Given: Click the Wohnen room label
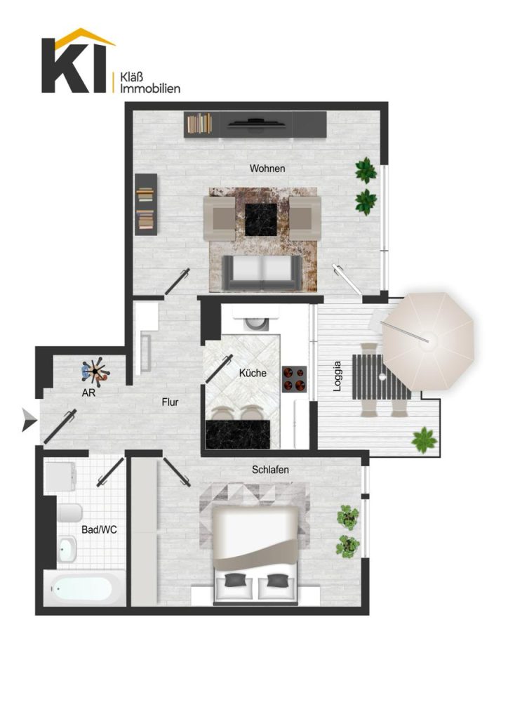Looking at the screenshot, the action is (267, 169).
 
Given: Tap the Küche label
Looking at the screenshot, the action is (253, 373).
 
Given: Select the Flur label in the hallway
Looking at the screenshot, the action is (170, 402).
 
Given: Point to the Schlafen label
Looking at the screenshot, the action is (270, 470).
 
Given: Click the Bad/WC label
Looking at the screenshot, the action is (99, 529).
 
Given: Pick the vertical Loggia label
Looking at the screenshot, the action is (337, 376).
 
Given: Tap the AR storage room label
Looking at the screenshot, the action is (88, 393).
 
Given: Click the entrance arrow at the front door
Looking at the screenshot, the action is (29, 421).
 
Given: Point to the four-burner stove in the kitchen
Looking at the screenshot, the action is (294, 379).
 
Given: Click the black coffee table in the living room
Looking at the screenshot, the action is (260, 220).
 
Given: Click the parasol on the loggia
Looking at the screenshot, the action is (428, 341).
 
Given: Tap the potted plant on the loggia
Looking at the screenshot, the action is (424, 440).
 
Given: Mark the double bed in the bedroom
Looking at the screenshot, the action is (256, 555).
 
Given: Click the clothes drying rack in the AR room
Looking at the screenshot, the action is (95, 371).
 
